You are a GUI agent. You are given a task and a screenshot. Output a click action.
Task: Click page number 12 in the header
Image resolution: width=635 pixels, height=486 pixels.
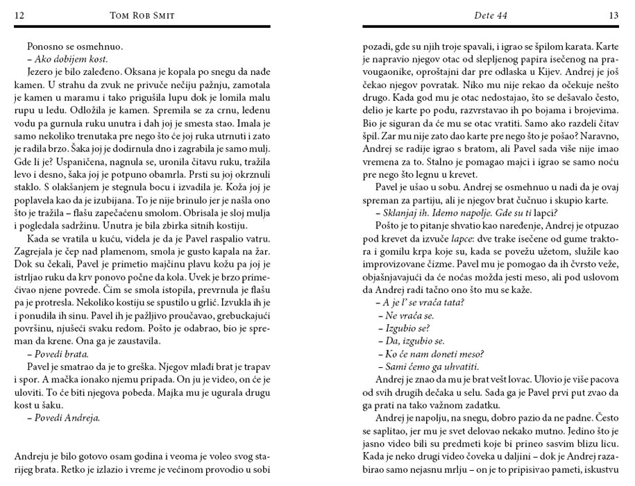point(19,15)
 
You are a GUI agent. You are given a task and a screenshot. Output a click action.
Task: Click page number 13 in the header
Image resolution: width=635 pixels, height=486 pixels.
point(613,15)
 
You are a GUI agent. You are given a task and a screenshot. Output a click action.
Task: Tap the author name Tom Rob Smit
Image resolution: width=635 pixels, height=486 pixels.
point(143,15)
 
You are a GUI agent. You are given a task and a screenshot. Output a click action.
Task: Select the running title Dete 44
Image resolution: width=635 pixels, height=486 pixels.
point(491,15)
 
